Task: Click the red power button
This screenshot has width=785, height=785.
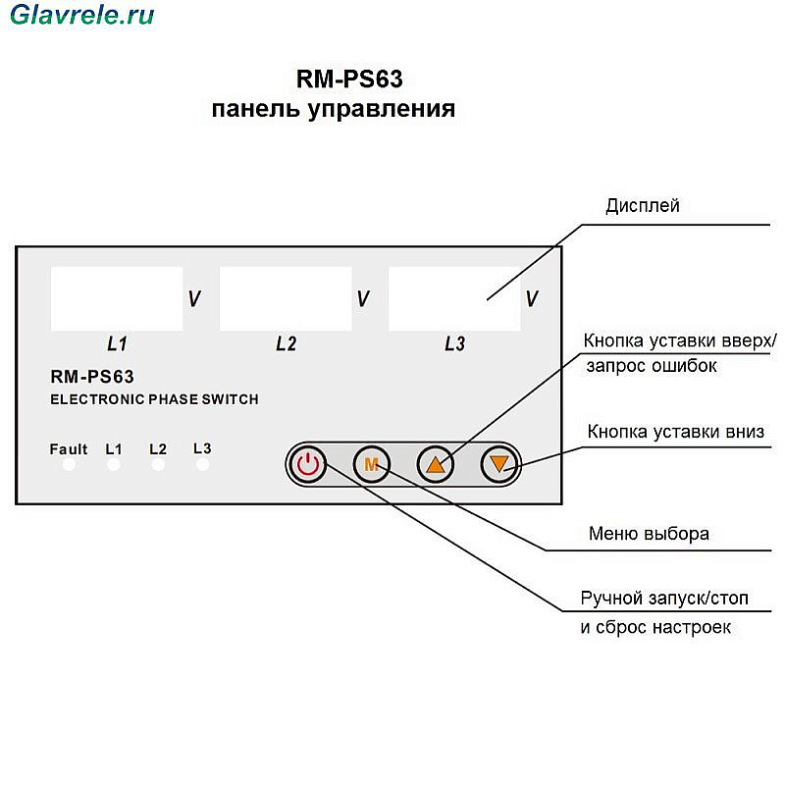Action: point(308,464)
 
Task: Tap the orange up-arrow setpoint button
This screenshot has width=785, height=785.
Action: point(436,464)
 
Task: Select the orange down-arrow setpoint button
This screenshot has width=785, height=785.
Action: point(499,464)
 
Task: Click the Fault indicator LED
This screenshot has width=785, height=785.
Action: point(69,465)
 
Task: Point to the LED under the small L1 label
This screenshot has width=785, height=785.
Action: point(114,465)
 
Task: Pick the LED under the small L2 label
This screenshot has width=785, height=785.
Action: point(158,465)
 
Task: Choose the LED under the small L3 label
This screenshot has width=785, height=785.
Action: point(203,465)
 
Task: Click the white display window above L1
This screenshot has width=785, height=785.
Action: point(117,299)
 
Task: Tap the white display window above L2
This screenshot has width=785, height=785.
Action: point(286,299)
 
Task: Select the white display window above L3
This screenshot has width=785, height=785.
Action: point(454,299)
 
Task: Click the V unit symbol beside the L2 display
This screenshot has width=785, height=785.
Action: point(363,299)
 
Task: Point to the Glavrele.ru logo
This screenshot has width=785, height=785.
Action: point(82,15)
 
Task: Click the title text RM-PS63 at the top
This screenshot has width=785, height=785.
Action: point(349,79)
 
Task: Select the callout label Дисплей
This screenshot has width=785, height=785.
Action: point(643,206)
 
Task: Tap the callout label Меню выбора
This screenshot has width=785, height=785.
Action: point(649,534)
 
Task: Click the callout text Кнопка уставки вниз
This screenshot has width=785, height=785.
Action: point(676,432)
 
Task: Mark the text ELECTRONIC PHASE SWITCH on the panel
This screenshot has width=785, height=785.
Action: point(154,399)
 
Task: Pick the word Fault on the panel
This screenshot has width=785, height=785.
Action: point(69,449)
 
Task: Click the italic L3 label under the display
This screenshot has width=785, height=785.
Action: point(454,344)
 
